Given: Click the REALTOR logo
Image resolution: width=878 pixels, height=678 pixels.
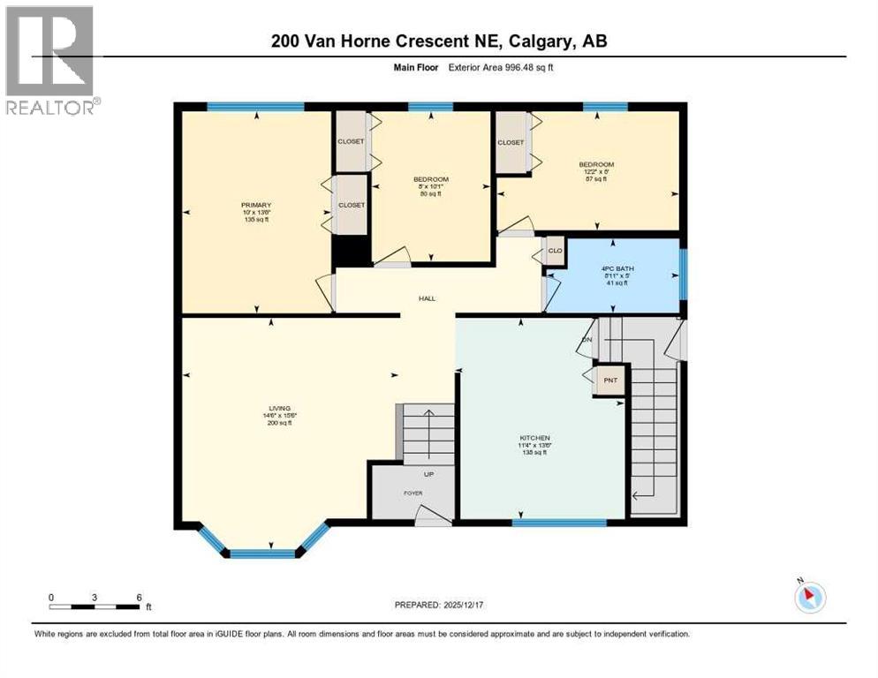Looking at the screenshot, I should tap(50, 60).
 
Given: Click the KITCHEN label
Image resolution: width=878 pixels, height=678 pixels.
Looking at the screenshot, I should tap(534, 438).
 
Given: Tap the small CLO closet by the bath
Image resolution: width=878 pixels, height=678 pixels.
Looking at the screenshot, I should tap(555, 250).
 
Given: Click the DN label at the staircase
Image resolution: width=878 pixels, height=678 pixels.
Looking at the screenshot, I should tap(587, 340).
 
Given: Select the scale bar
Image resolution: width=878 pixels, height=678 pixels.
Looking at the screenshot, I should tap(95, 606).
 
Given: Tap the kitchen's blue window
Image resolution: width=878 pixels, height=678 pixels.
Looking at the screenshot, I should tap(559, 523).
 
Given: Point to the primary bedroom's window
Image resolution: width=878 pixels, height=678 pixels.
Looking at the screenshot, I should tap(255, 107).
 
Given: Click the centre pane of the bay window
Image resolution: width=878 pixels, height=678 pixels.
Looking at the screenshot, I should tap(261, 554).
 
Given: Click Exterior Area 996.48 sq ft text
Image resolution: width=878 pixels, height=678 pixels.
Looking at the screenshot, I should tap(501, 67).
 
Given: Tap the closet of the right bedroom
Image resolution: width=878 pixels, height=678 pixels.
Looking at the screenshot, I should tap(511, 142).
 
